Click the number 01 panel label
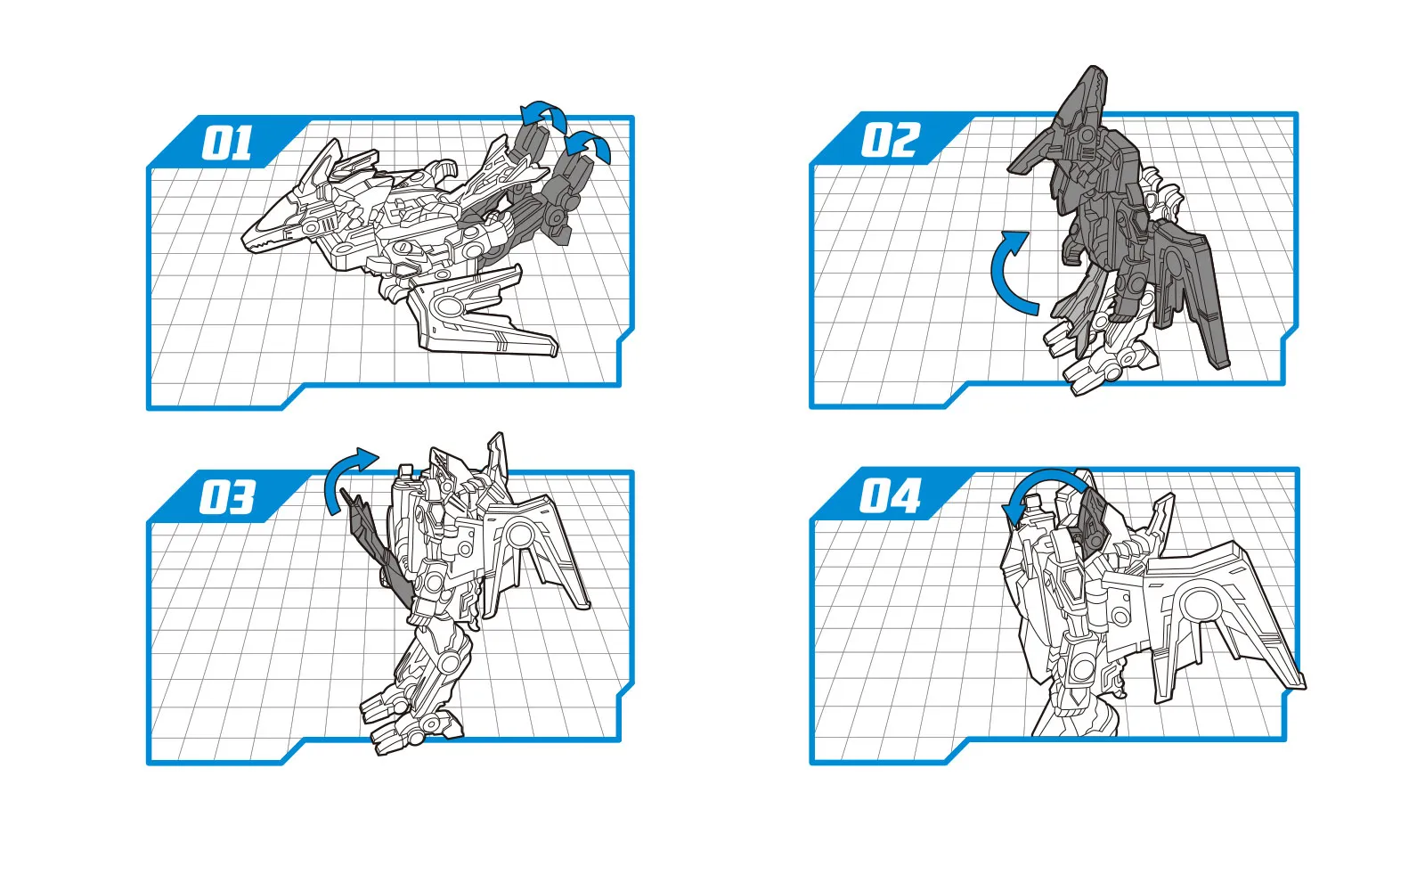point(226,143)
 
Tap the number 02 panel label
point(891,140)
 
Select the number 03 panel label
point(227,497)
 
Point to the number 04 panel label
point(890,495)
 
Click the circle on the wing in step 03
point(520,534)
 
